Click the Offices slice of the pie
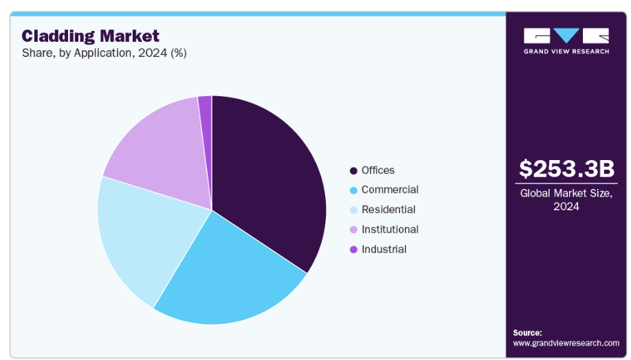pyautogui.click(x=268, y=179)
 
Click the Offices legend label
pyautogui.click(x=378, y=170)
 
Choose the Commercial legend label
pyautogui.click(x=390, y=190)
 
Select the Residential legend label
pyautogui.click(x=388, y=210)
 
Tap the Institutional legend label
pyautogui.click(x=390, y=229)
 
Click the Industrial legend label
pyautogui.click(x=384, y=249)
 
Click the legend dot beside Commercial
pyautogui.click(x=353, y=190)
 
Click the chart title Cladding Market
pyautogui.click(x=90, y=36)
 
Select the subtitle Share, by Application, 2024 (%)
pyautogui.click(x=104, y=53)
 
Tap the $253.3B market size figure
pyautogui.click(x=566, y=168)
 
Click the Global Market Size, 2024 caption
pyautogui.click(x=566, y=200)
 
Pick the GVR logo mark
pyautogui.click(x=566, y=36)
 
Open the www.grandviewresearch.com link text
pyautogui.click(x=566, y=343)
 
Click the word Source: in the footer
pyautogui.click(x=527, y=333)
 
